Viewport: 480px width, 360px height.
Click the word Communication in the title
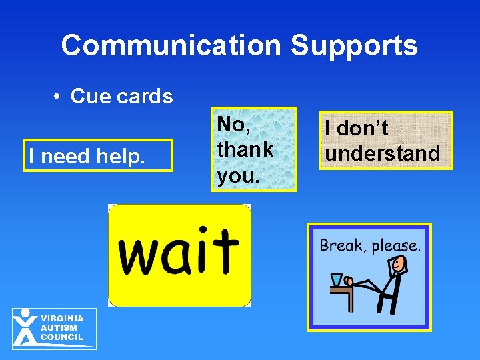pyautogui.click(x=171, y=45)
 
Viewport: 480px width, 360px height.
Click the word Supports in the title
pyautogui.click(x=354, y=45)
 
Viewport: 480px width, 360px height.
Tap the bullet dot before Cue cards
pyautogui.click(x=59, y=97)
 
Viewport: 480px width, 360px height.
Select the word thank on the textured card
pyautogui.click(x=245, y=149)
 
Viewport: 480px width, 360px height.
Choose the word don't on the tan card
pyautogui.click(x=363, y=128)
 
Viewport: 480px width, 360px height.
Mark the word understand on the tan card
pyautogui.click(x=383, y=153)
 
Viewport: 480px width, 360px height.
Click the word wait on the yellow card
pyautogui.click(x=178, y=252)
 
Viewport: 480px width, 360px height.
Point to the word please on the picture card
pyautogui.click(x=397, y=246)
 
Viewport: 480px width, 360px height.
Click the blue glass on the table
pyautogui.click(x=337, y=280)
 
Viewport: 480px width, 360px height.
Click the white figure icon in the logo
pyautogui.click(x=25, y=328)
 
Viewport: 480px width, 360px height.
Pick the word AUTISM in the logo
pyautogui.click(x=59, y=328)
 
